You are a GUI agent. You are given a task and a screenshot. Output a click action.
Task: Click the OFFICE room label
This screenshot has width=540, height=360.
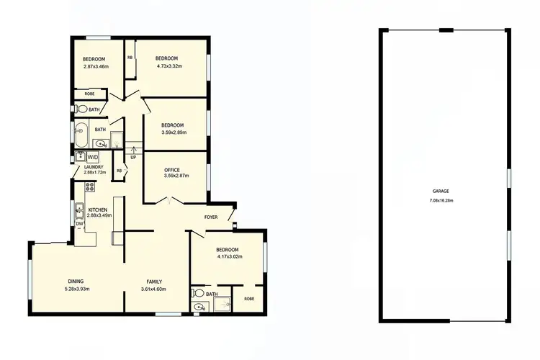pos(171,170)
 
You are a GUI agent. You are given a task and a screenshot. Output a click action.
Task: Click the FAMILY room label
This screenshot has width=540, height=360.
pos(153,282)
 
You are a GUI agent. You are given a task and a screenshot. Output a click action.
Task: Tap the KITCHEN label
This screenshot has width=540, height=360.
pos(97,210)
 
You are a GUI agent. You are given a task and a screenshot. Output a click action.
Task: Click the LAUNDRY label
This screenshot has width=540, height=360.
pos(94,166)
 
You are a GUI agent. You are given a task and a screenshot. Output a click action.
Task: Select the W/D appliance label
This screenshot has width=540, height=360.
pos(93,156)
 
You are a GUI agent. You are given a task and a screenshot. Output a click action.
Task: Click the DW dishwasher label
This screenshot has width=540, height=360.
pos(79,224)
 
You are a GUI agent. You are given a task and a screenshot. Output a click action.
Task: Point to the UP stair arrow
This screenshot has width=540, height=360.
pos(133,153)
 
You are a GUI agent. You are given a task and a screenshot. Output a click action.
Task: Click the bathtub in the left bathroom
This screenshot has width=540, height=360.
pos(81,131)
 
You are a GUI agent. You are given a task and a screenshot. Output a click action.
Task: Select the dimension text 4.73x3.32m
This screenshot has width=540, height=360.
pos(168,66)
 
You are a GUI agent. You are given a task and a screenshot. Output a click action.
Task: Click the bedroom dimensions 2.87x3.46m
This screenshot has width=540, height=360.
pos(95,66)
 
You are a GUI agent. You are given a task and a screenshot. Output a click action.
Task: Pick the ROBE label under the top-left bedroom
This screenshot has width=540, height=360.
pos(89,94)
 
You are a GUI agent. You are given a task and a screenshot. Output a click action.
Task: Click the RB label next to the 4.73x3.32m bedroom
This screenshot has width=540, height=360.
pos(130,58)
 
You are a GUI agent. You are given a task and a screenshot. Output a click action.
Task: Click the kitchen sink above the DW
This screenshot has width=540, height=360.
pos(79,210)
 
